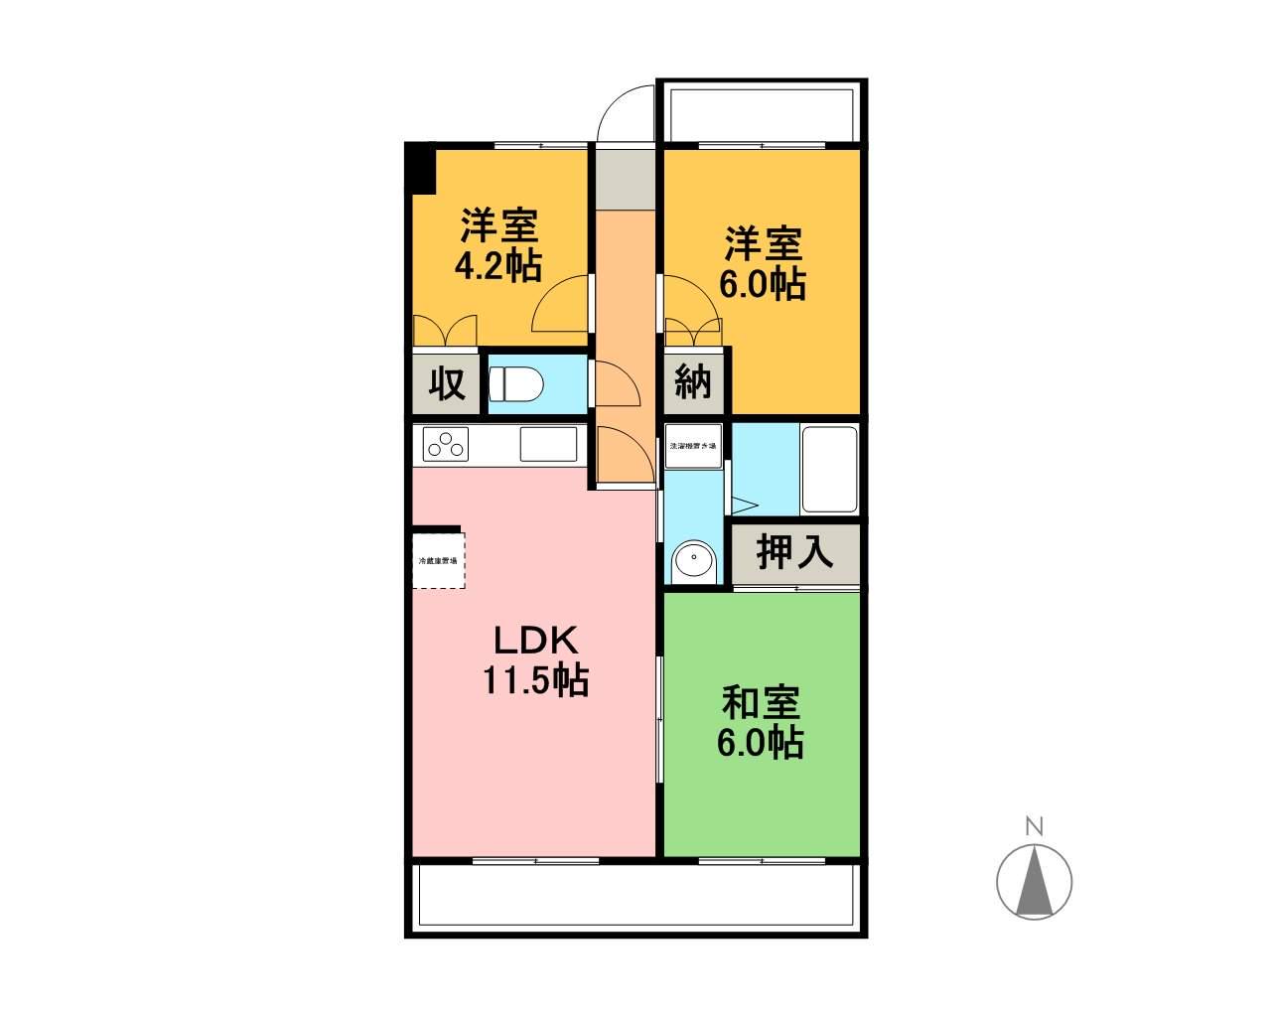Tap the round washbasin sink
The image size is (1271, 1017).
pyautogui.click(x=692, y=561)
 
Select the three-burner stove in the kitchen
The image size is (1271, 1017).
pyautogui.click(x=447, y=444)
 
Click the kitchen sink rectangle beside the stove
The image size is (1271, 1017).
pyautogui.click(x=548, y=444)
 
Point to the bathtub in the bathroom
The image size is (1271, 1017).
pyautogui.click(x=829, y=470)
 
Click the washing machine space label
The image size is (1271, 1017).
pyautogui.click(x=693, y=447)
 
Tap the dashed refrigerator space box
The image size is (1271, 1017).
pyautogui.click(x=438, y=562)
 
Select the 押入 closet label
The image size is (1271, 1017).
pyautogui.click(x=794, y=552)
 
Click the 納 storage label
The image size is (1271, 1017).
pyautogui.click(x=693, y=381)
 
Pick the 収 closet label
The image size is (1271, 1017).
pyautogui.click(x=447, y=382)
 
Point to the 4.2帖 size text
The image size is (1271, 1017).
pyautogui.click(x=497, y=265)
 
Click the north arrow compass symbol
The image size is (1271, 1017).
pyautogui.click(x=1034, y=880)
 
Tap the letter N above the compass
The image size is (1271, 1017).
pyautogui.click(x=1034, y=825)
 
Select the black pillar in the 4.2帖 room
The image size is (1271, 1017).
pyautogui.click(x=421, y=169)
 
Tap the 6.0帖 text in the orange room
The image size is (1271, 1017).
pyautogui.click(x=763, y=285)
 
